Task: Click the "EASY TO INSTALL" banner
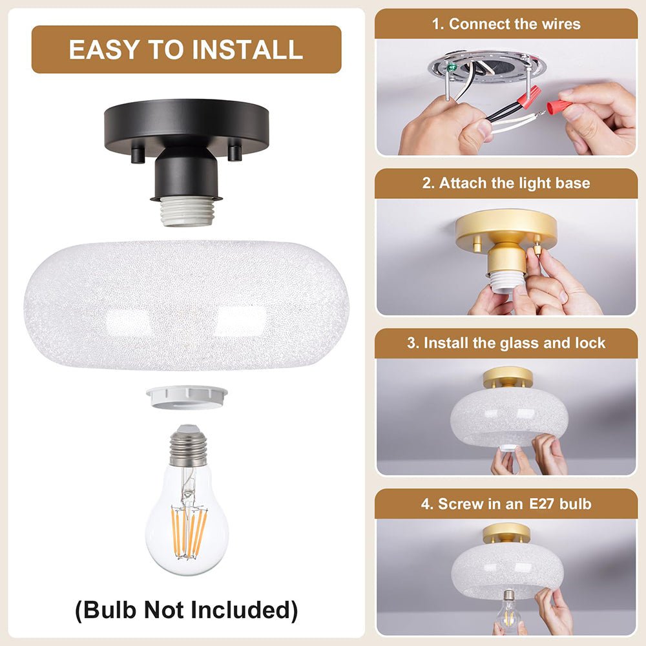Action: click(x=186, y=50)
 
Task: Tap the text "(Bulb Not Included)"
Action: click(x=186, y=609)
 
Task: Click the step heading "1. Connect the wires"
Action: click(x=506, y=24)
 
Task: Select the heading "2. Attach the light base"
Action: click(x=506, y=183)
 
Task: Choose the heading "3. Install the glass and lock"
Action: click(x=506, y=342)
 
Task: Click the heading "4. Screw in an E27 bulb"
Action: click(x=506, y=503)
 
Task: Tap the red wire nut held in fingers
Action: click(x=559, y=105)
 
